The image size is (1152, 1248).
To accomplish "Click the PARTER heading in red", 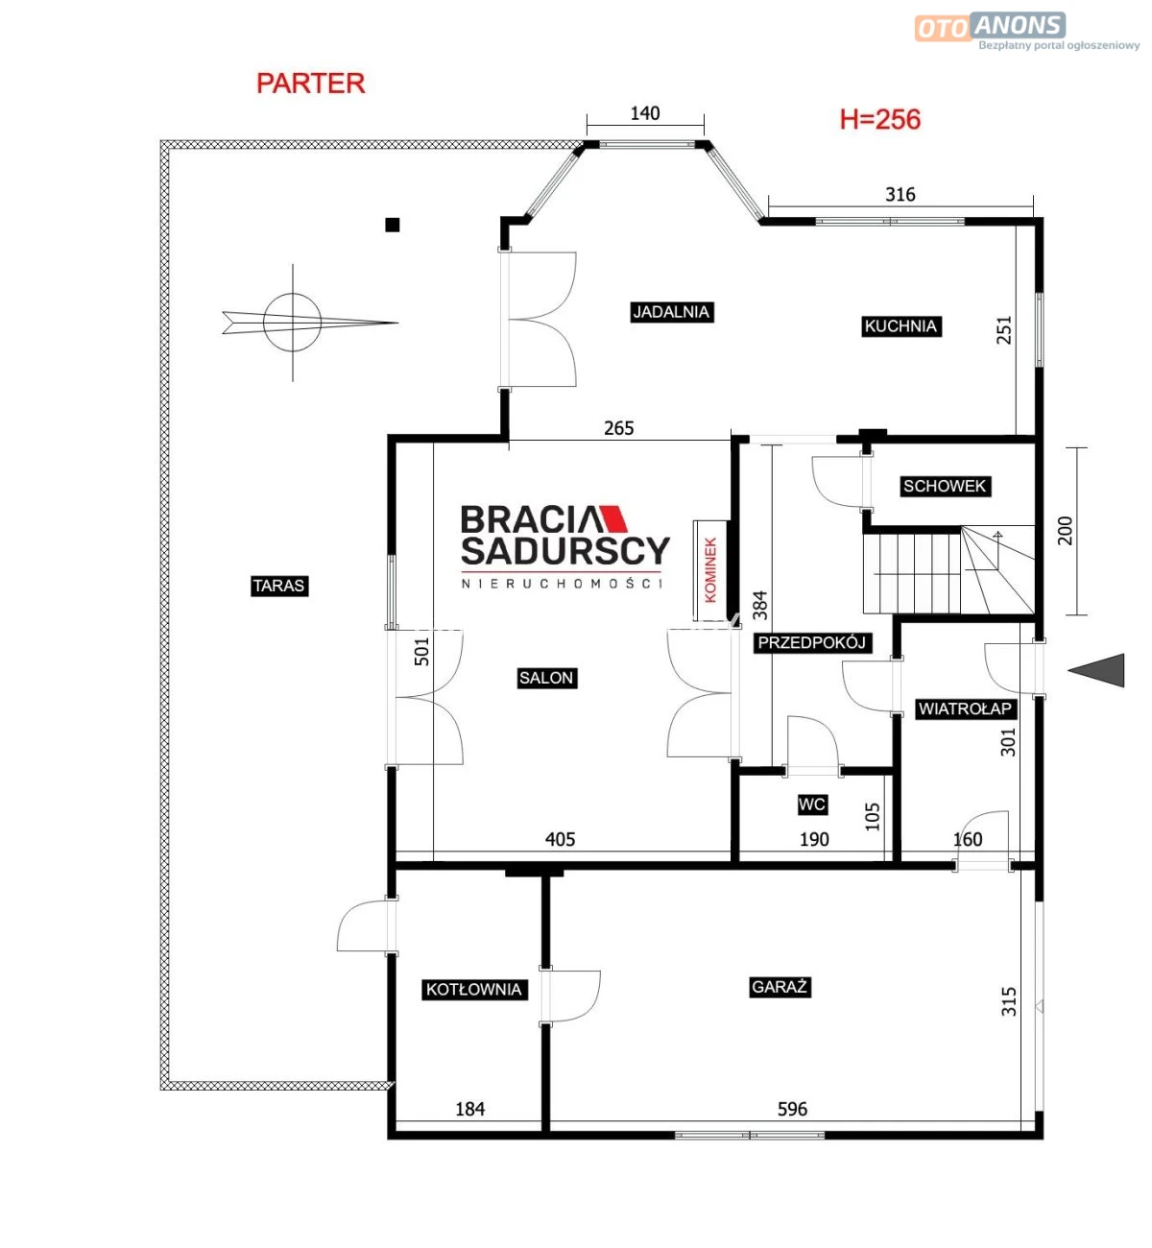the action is pyautogui.click(x=310, y=84).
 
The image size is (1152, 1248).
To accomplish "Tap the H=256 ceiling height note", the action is pyautogui.click(x=880, y=119).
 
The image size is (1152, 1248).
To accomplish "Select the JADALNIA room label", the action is pyautogui.click(x=671, y=312).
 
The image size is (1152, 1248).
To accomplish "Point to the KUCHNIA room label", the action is pyautogui.click(x=900, y=326).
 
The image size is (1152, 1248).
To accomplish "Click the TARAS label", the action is pyautogui.click(x=279, y=586).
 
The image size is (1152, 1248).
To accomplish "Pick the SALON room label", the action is pyautogui.click(x=546, y=678).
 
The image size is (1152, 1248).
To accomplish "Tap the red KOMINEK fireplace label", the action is pyautogui.click(x=710, y=570).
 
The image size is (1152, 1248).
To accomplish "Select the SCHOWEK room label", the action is pyautogui.click(x=945, y=486).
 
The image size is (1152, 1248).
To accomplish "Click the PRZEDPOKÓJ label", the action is pyautogui.click(x=812, y=643).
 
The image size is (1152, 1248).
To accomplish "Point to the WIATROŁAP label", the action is pyautogui.click(x=965, y=708).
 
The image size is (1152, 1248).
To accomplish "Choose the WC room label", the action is pyautogui.click(x=812, y=804).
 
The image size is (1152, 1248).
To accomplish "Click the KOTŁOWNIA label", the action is pyautogui.click(x=474, y=990).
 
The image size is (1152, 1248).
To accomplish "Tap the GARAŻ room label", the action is pyautogui.click(x=780, y=987).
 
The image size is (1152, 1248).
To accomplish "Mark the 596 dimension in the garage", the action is pyautogui.click(x=792, y=1109).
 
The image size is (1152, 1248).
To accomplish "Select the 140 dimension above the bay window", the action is pyautogui.click(x=645, y=113).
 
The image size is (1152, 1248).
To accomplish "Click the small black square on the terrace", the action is pyautogui.click(x=393, y=225).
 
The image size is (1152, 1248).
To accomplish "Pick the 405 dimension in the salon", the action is pyautogui.click(x=560, y=839).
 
